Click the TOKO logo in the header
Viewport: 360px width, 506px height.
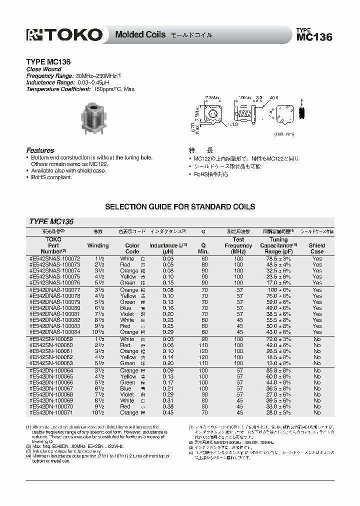point(64,34)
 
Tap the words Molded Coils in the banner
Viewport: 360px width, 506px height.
point(136,35)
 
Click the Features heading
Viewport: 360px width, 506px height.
point(40,150)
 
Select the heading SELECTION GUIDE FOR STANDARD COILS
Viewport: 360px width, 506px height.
point(179,206)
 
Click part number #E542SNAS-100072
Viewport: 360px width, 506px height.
point(54,258)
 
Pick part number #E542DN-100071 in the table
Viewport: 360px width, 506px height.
point(51,412)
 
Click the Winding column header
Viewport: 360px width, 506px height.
point(98,245)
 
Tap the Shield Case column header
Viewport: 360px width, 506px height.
point(316,248)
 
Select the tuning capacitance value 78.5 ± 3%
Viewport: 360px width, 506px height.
point(279,258)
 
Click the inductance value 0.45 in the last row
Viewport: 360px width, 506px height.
point(161,412)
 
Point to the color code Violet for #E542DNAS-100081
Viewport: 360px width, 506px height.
point(128,314)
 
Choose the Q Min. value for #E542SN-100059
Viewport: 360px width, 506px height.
point(204,339)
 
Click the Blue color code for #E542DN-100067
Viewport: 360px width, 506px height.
point(125,388)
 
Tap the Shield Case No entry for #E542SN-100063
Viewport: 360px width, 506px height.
point(316,363)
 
